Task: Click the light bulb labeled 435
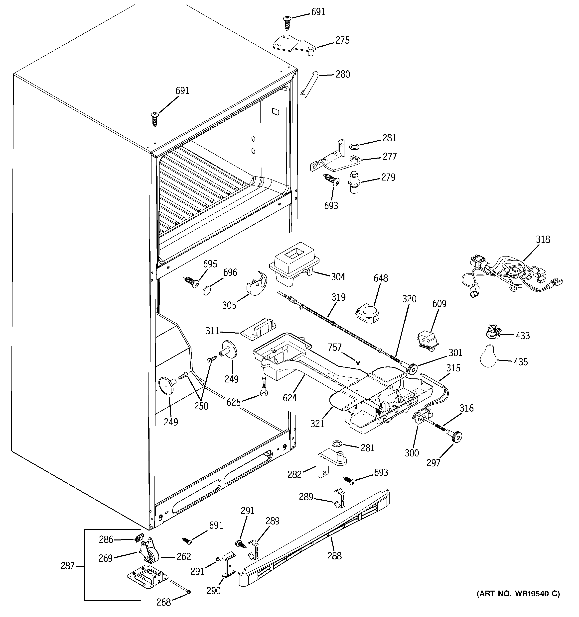tap(489, 357)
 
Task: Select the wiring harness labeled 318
tap(510, 272)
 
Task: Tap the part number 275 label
tap(342, 40)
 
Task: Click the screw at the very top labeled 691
tap(287, 23)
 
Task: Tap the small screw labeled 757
tap(358, 362)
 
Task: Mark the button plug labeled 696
tap(207, 290)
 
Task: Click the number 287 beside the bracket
tap(67, 566)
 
